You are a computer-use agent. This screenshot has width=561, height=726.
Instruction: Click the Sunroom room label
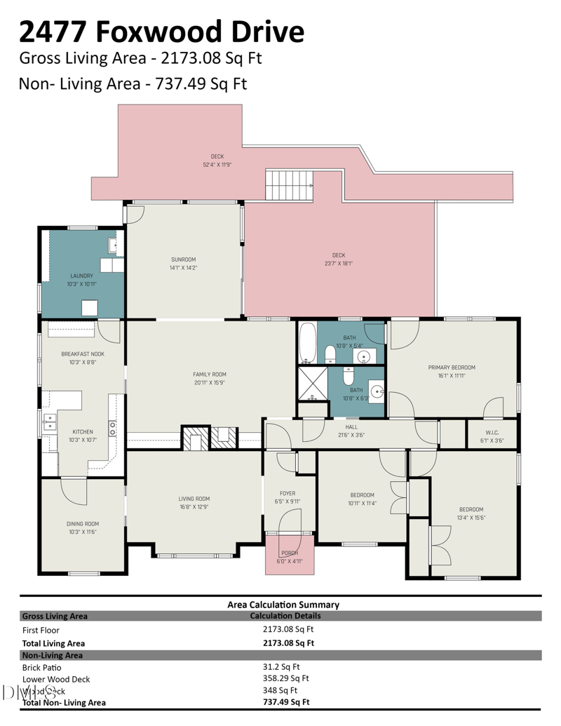[183, 260]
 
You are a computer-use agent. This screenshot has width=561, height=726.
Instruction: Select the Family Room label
[210, 375]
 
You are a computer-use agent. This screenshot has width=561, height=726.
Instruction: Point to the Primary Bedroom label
[452, 368]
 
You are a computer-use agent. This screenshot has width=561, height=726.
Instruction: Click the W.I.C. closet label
[492, 432]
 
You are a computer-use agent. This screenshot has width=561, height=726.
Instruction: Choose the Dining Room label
[82, 523]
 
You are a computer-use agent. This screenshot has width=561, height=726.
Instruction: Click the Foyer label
[288, 493]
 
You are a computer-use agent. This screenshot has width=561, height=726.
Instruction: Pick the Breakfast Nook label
[83, 354]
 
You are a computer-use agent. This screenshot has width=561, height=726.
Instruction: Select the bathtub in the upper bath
[307, 343]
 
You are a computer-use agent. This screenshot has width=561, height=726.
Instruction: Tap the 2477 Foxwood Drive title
[161, 32]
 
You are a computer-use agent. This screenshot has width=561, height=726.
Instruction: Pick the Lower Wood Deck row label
[56, 679]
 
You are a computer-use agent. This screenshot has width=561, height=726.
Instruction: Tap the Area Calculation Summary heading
[283, 605]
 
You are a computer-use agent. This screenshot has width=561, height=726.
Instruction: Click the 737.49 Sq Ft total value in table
[286, 701]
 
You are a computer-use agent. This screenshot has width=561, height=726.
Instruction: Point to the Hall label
[351, 426]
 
